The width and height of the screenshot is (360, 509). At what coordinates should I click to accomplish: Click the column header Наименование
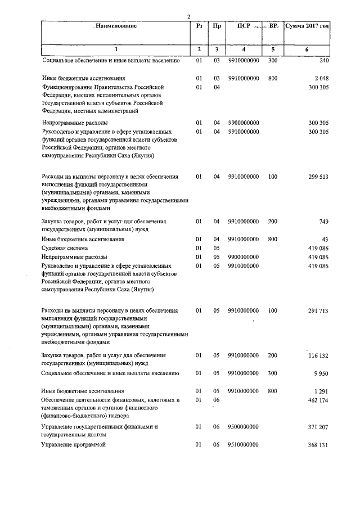coord(115,26)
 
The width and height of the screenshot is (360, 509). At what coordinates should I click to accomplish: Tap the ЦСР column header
coord(244,26)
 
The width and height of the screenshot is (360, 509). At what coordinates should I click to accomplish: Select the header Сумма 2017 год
coord(307,26)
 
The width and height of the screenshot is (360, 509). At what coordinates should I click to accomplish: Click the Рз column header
coord(199,26)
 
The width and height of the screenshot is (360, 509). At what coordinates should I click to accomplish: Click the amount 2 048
coord(321,78)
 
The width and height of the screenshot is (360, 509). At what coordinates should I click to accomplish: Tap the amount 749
coord(322,222)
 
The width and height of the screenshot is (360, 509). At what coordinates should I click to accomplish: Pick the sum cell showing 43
coord(325,239)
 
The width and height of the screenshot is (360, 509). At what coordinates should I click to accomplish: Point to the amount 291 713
coord(318,310)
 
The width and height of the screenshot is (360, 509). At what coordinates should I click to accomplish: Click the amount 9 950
coord(321,373)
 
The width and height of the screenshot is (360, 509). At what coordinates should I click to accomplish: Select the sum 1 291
coord(321,391)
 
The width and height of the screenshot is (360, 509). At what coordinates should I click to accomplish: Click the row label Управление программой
coord(74,445)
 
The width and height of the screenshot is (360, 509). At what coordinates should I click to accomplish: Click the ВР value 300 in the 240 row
coord(273,60)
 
